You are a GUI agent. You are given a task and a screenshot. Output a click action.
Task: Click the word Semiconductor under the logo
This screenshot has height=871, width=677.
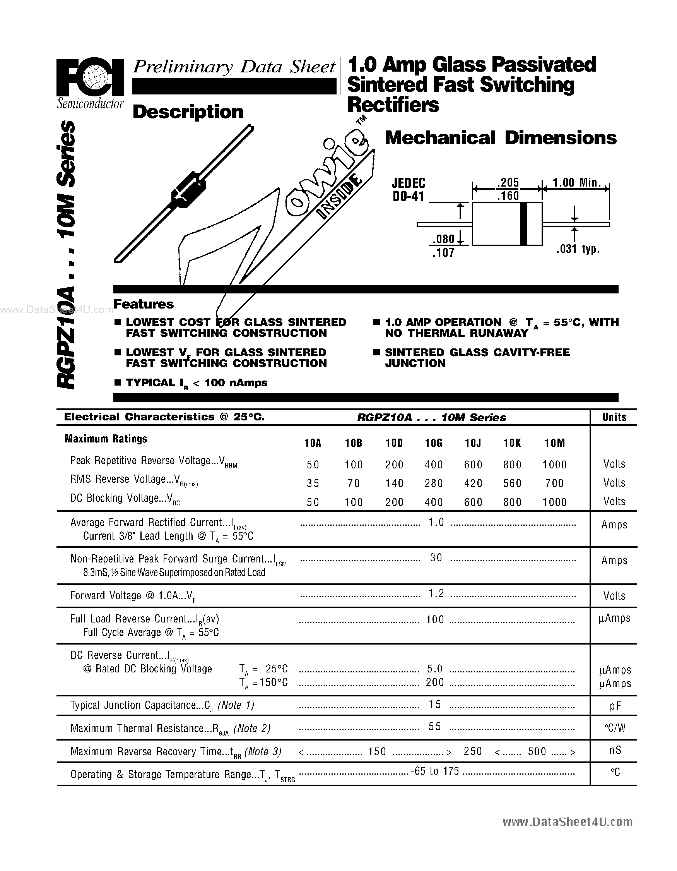pos(90,104)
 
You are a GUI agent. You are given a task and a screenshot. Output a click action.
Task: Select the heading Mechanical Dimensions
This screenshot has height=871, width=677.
pos(501,138)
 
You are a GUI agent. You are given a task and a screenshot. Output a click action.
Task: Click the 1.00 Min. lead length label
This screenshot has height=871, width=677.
pos(576,183)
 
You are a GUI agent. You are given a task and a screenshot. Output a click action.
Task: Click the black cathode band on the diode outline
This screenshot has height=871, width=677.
pos(524,223)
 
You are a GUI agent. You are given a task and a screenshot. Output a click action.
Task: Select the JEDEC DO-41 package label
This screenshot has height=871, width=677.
pos(409,189)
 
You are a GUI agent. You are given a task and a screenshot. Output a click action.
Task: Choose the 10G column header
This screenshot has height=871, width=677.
pos(434,443)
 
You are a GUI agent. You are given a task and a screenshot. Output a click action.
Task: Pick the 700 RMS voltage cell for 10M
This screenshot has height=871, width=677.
pos(554,483)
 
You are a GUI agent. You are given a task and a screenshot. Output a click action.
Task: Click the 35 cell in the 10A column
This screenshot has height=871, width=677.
pos(313,483)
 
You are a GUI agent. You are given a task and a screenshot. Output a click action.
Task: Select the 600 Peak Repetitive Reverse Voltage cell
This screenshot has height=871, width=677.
pos(473,464)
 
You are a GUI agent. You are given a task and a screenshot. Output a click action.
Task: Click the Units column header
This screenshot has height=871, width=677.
pos(614,417)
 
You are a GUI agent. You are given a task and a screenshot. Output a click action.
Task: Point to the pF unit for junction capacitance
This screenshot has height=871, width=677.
pos(615,706)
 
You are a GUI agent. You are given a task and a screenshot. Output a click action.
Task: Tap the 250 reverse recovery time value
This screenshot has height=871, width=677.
pos(473,751)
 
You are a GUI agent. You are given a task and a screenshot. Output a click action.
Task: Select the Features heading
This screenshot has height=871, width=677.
pos(144,304)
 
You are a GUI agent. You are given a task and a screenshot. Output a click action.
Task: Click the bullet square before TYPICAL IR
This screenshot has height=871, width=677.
pos(118,382)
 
